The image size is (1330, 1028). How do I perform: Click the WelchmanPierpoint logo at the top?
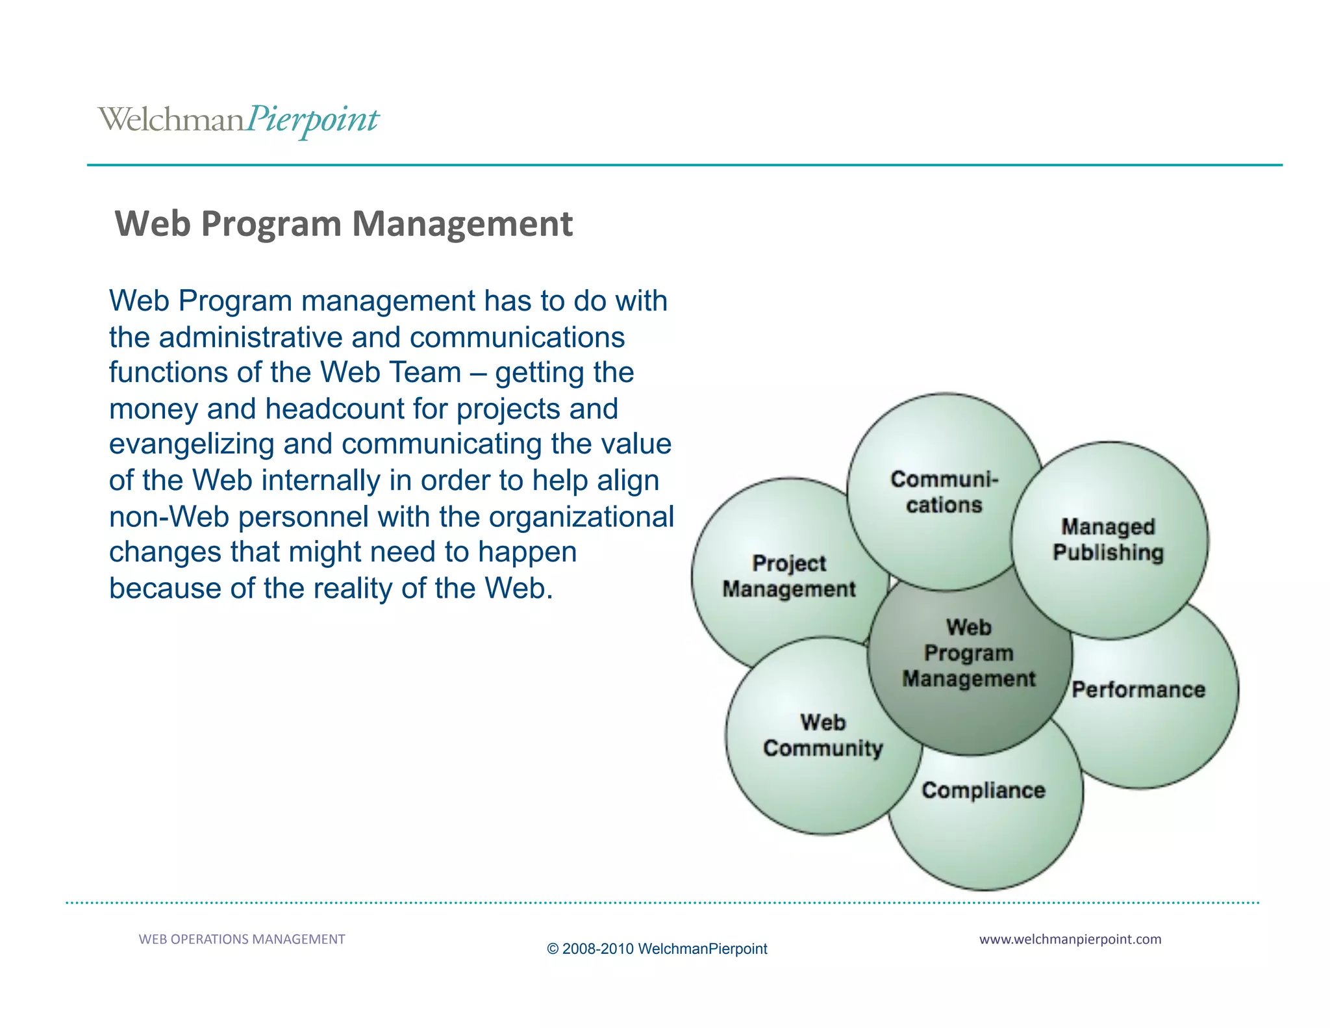[x=238, y=120]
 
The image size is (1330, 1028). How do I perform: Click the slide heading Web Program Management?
[x=344, y=224]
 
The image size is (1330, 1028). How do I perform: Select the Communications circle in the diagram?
[x=944, y=492]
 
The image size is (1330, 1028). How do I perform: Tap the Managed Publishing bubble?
[x=1108, y=539]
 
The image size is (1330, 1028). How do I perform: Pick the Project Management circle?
[x=788, y=576]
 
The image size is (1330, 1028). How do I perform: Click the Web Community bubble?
[x=822, y=735]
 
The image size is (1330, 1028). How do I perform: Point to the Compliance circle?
[x=983, y=791]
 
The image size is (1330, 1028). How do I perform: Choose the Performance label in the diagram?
[x=1138, y=689]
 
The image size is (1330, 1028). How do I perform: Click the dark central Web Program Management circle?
[x=968, y=654]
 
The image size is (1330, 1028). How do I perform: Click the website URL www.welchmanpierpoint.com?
[x=1070, y=939]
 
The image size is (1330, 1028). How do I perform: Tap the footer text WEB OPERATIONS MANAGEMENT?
[x=242, y=939]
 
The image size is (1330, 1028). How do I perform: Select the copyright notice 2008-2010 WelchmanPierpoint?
[x=657, y=949]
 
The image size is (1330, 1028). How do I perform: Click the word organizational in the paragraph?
[x=581, y=517]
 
